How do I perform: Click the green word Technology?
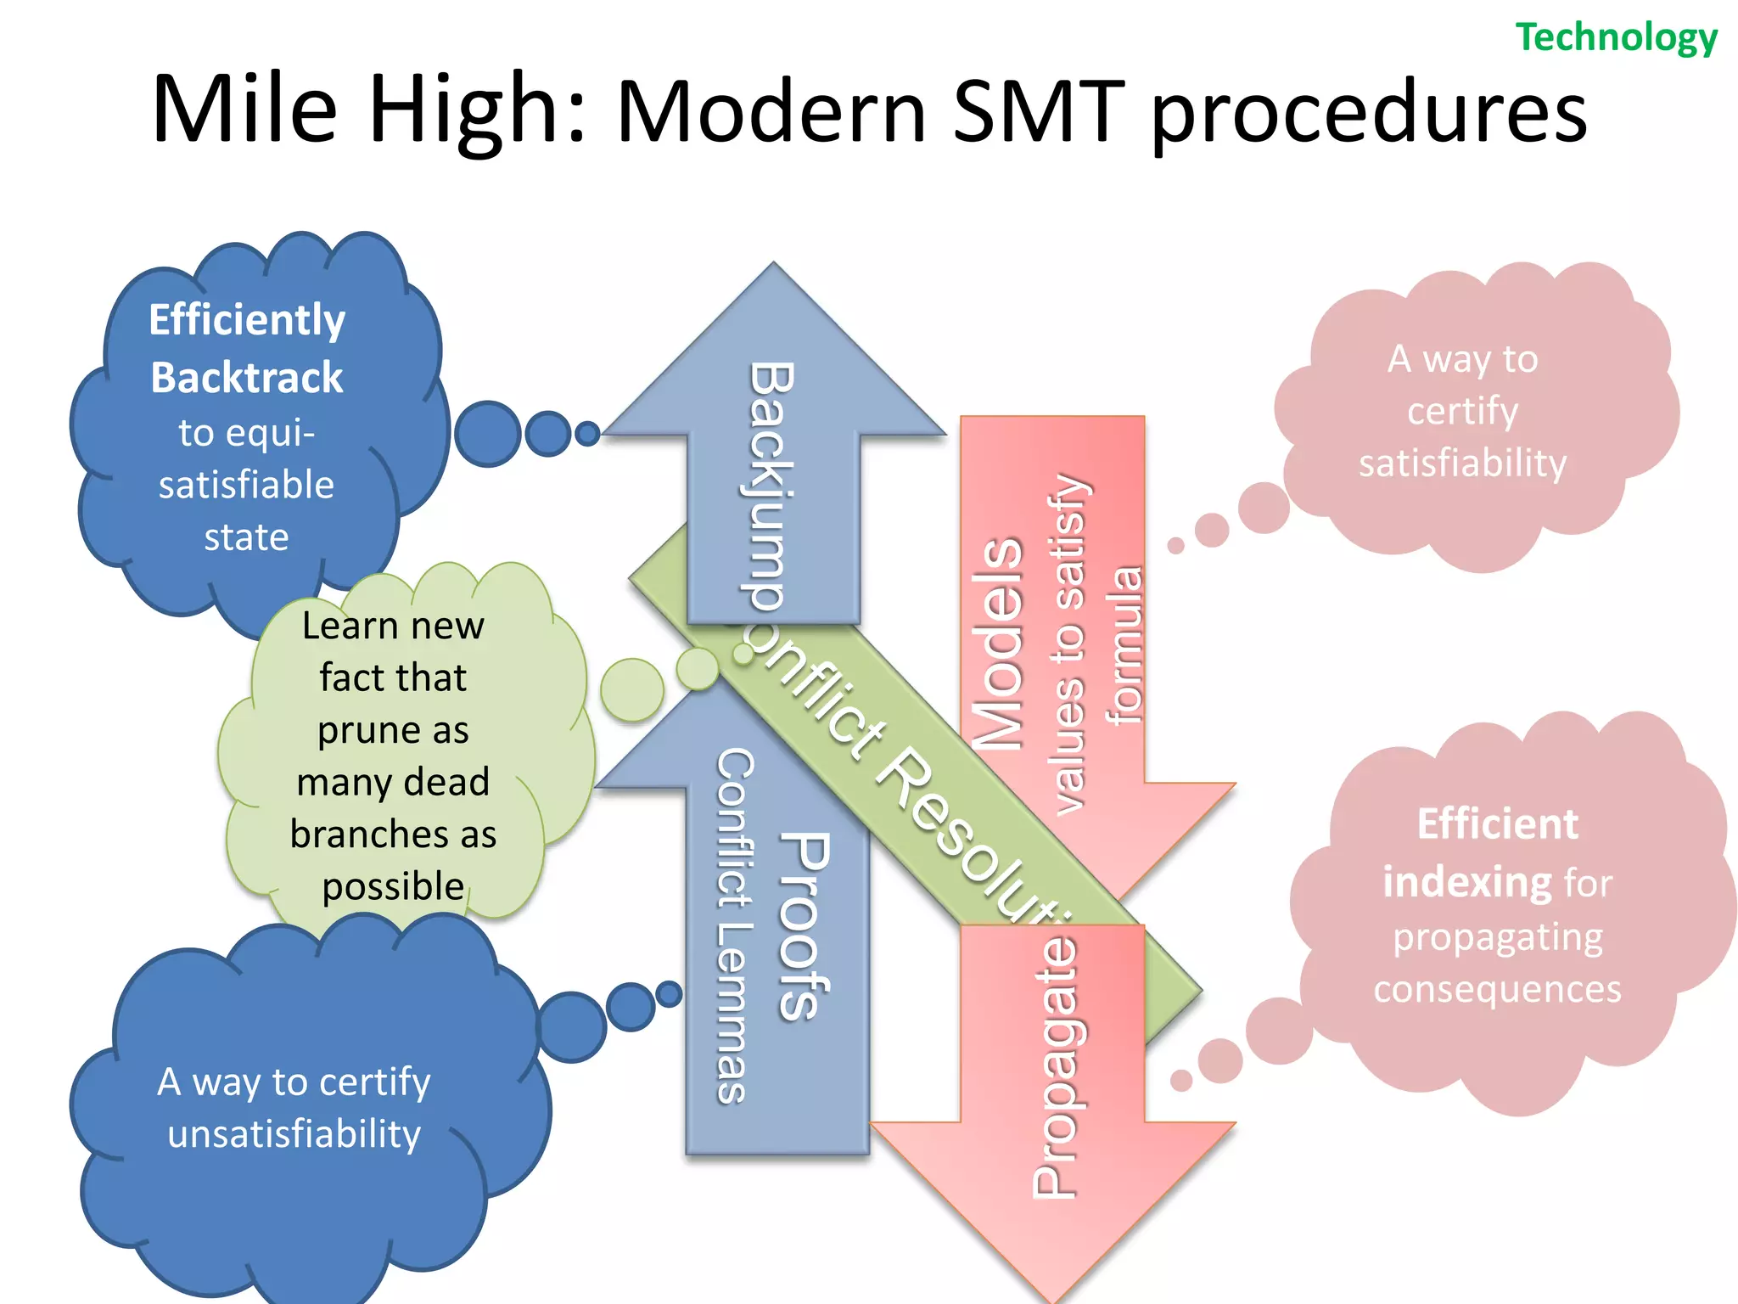pyautogui.click(x=1616, y=38)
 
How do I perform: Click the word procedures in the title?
pyautogui.click(x=1368, y=115)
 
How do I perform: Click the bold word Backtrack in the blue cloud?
pyautogui.click(x=247, y=378)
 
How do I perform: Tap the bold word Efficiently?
pyautogui.click(x=247, y=320)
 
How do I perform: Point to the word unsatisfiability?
pyautogui.click(x=294, y=1134)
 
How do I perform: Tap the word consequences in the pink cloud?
pyautogui.click(x=1497, y=990)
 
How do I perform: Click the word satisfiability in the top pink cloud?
pyautogui.click(x=1462, y=464)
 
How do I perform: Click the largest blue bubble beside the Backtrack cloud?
pyautogui.click(x=487, y=434)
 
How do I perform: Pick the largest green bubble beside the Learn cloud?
pyautogui.click(x=632, y=689)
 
